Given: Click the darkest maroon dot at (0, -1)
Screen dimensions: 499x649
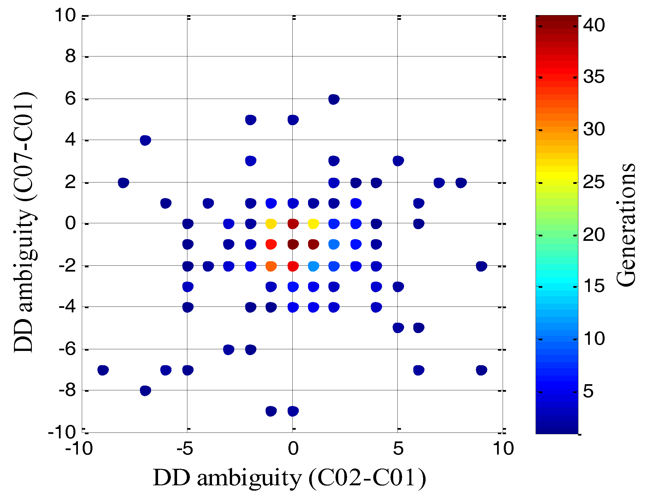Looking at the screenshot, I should [293, 244].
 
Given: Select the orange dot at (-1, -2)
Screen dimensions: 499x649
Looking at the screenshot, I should [271, 266].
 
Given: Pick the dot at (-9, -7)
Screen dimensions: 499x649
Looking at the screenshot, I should [103, 370].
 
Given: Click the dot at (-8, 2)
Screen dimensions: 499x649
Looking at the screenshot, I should [123, 183].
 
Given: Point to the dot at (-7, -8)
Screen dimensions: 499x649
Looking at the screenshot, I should [145, 391].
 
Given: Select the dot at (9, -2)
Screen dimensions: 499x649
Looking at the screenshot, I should [481, 266].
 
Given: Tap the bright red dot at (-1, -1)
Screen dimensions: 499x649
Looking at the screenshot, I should [271, 244].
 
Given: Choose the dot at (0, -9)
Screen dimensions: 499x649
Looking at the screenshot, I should [293, 411].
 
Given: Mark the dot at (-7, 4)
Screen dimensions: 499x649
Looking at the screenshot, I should [145, 140].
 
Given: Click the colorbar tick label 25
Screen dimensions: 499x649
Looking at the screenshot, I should [593, 182].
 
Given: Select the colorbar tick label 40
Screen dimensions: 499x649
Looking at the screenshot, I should [593, 25].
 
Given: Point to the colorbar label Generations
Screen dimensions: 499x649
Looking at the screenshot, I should [626, 225].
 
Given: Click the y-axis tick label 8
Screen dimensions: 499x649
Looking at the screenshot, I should [70, 56].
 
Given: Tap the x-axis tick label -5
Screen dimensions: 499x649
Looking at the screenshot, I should [185, 448].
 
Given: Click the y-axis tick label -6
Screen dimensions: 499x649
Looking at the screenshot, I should [67, 349].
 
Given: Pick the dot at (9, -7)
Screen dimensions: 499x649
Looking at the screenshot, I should [481, 370].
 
